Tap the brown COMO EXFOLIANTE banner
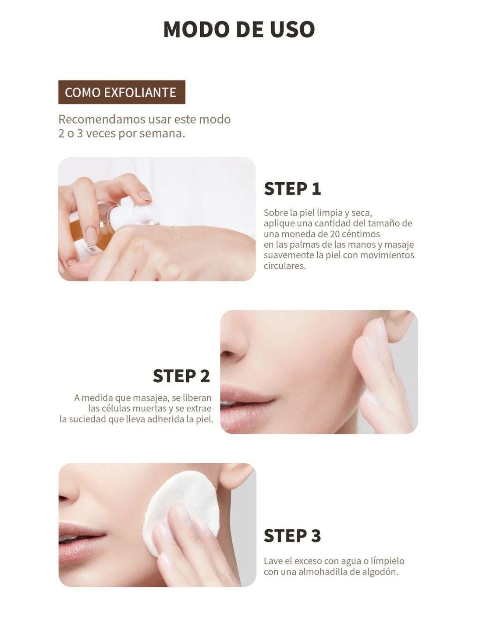tap(122, 92)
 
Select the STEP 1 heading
tap(292, 189)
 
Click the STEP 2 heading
tap(181, 376)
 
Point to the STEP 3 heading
tap(292, 535)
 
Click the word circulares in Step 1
tap(284, 266)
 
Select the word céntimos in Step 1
tap(362, 234)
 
